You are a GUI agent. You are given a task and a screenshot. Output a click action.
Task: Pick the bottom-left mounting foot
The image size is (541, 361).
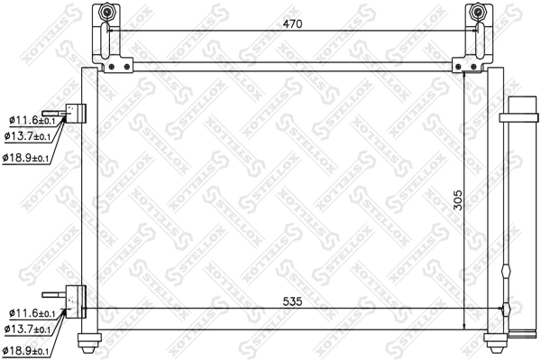pyautogui.click(x=88, y=340)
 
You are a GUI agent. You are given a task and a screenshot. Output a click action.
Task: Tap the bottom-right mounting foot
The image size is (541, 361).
pyautogui.click(x=494, y=340)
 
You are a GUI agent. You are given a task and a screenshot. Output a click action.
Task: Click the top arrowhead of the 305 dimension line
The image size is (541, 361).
pyautogui.click(x=464, y=72)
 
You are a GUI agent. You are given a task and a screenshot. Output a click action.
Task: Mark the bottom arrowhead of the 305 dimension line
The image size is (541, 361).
pyautogui.click(x=464, y=327)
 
